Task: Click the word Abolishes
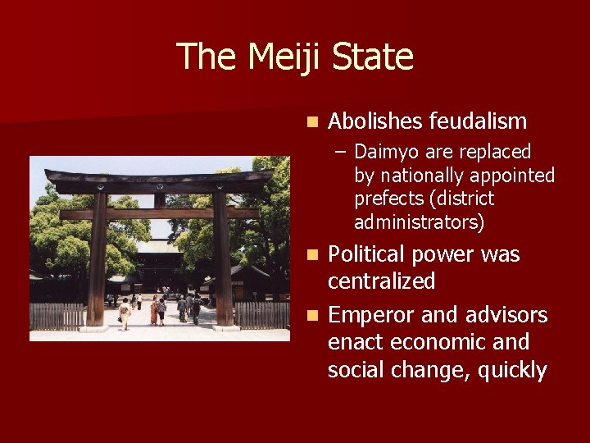click(375, 122)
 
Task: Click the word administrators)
click(419, 222)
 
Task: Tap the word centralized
click(381, 281)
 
